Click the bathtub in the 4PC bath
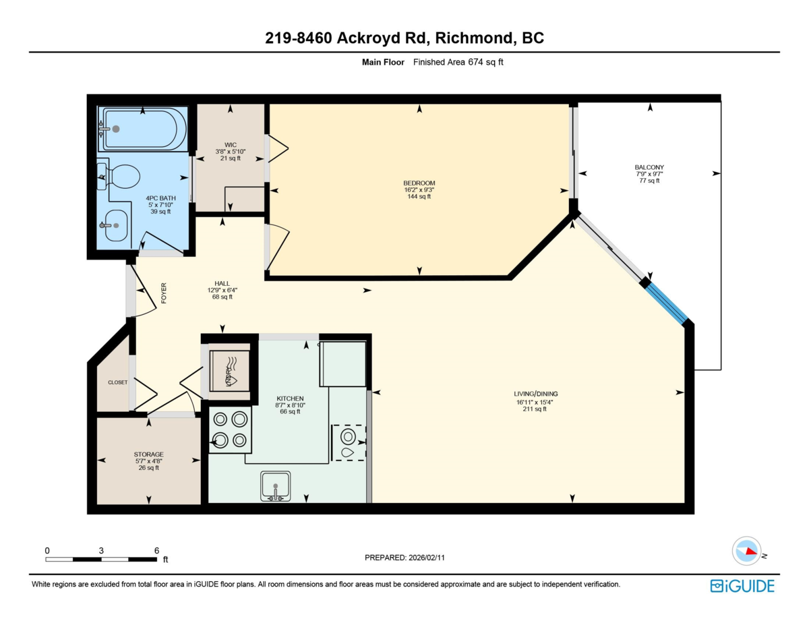[x=142, y=129]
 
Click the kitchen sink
[x=275, y=486]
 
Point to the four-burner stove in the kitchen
[x=229, y=429]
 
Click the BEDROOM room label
[x=419, y=183]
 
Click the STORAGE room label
[x=148, y=454]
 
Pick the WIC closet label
[x=230, y=144]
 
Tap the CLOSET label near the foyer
[x=117, y=382]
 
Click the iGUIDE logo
[x=742, y=586]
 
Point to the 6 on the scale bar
[x=156, y=550]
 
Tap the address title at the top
[x=404, y=39]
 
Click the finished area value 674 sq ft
[x=485, y=62]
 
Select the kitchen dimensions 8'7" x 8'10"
[x=289, y=405]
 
